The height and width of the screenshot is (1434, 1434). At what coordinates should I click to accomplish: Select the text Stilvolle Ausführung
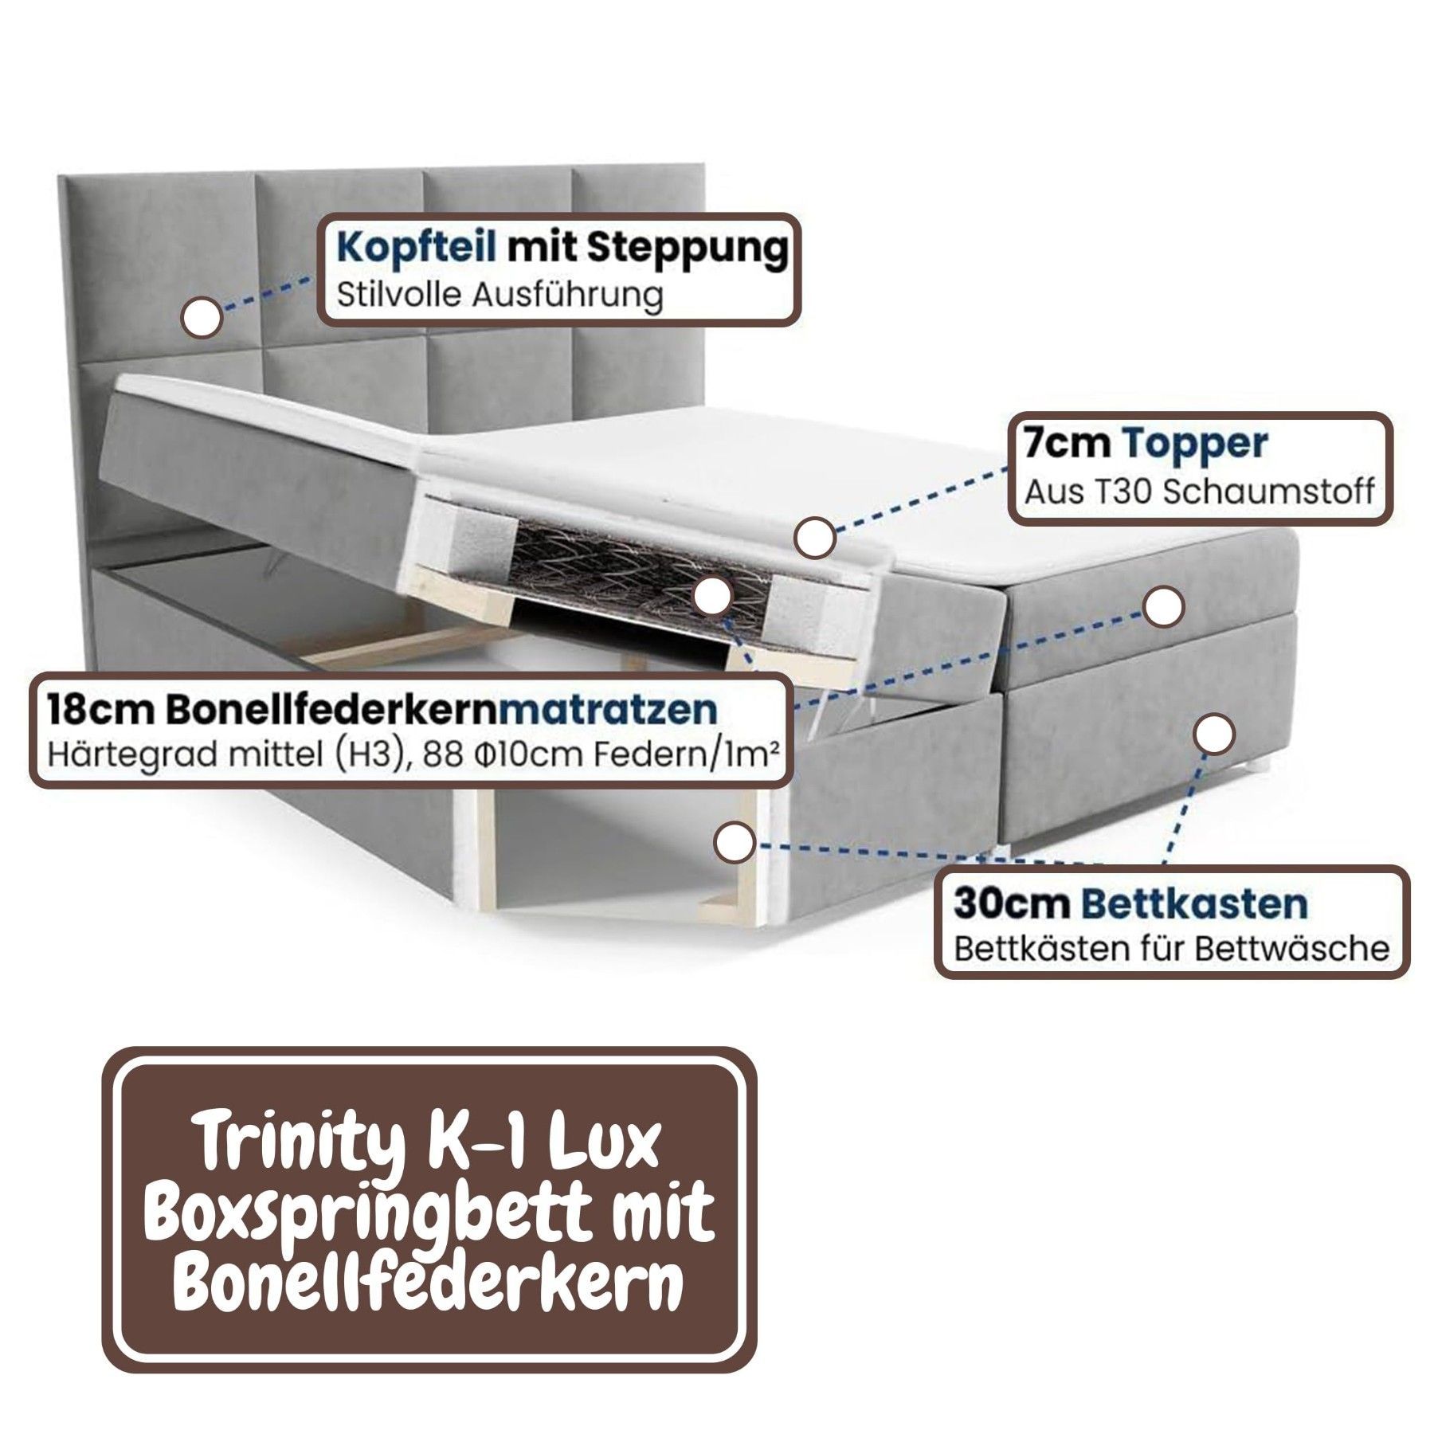[500, 296]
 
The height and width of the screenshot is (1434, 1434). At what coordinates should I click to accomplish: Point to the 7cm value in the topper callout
[1068, 445]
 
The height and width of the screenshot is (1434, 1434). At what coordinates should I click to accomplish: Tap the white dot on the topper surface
[815, 538]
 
